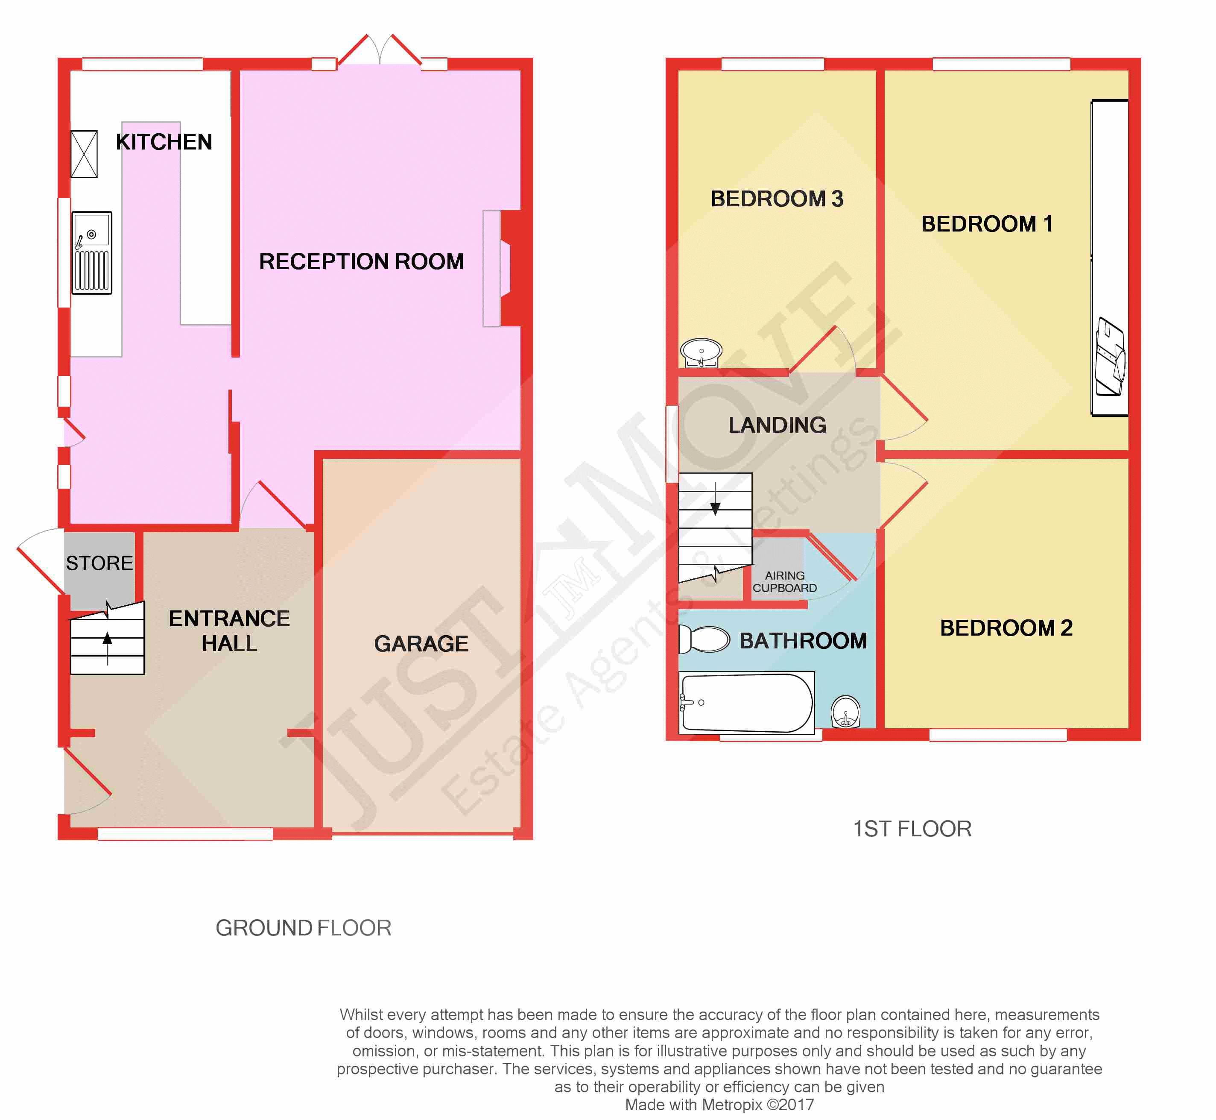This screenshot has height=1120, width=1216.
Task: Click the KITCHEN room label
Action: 164,142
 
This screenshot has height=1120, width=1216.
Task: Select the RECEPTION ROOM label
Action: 361,261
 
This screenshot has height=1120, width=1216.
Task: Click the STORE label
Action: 99,563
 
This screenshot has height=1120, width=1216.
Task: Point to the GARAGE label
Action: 421,644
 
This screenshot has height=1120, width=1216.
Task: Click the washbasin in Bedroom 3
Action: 701,353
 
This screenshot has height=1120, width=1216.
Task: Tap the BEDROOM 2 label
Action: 1006,628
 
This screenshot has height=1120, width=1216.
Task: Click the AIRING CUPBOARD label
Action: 785,582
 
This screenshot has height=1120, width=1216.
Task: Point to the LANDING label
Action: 778,425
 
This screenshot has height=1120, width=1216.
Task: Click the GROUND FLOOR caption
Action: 304,928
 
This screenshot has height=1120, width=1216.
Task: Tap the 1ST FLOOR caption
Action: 912,829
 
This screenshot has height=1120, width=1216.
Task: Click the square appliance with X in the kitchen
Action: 84,154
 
